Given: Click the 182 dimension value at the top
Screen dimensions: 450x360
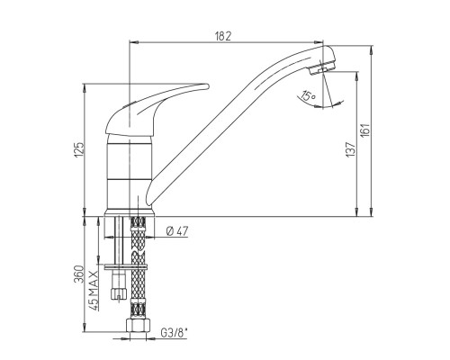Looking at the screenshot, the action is tap(223, 36).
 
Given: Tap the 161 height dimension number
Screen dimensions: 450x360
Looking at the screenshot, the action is tap(365, 130).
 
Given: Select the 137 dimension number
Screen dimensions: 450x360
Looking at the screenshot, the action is tap(351, 149).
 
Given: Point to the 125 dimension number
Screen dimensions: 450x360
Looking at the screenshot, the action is tap(79, 149).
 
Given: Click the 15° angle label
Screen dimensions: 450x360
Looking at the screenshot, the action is tap(309, 96).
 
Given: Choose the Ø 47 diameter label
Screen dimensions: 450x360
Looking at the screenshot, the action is tap(177, 231).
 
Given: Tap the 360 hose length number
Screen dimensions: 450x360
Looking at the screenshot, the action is tap(79, 274).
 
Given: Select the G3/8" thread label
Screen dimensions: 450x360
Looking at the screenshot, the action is tap(174, 332).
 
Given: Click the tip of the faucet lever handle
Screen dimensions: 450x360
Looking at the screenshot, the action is tap(207, 86).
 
